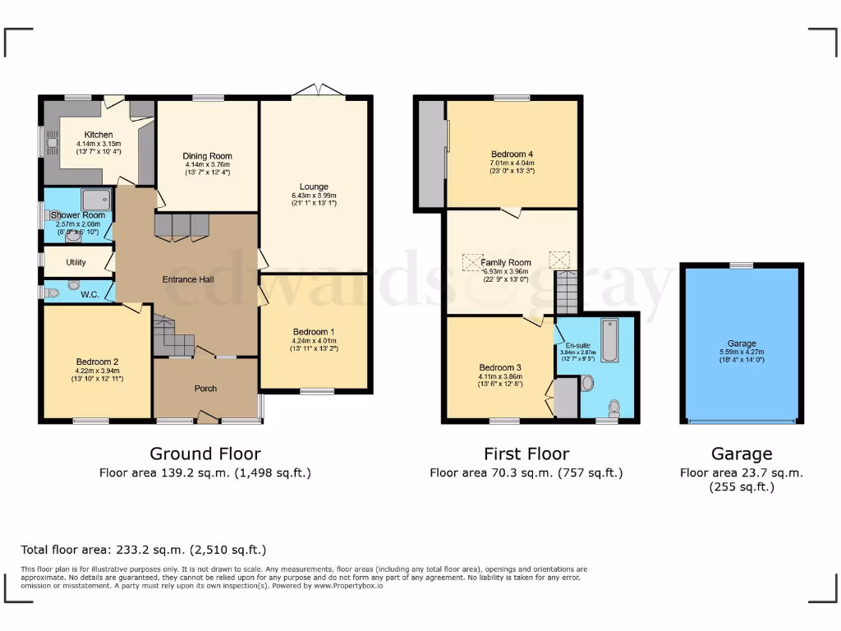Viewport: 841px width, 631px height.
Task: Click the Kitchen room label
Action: click(99, 135)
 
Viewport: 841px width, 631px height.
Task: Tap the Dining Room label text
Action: click(207, 156)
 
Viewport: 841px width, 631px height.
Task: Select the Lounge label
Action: click(314, 187)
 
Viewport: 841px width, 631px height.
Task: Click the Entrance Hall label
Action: click(188, 279)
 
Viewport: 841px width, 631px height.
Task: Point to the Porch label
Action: click(205, 388)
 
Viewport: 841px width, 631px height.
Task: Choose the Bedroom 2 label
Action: click(98, 362)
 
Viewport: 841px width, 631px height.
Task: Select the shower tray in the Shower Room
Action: click(97, 198)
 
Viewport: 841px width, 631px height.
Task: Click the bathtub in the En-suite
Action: click(612, 340)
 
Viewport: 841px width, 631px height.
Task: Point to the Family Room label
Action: click(506, 263)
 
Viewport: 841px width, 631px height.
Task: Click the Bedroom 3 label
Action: click(501, 367)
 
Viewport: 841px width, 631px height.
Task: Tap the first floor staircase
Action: click(567, 292)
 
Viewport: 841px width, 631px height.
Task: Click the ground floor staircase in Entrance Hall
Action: click(172, 336)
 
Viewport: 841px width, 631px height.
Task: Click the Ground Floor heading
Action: click(205, 454)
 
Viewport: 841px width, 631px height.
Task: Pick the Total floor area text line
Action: click(143, 550)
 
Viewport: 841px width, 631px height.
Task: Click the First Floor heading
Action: click(526, 454)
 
